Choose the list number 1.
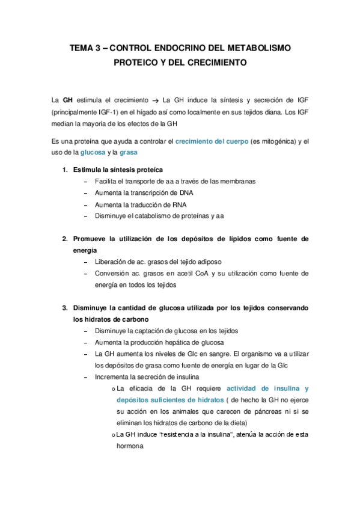[x=65, y=170]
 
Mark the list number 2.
[x=65, y=239]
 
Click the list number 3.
[x=65, y=308]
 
